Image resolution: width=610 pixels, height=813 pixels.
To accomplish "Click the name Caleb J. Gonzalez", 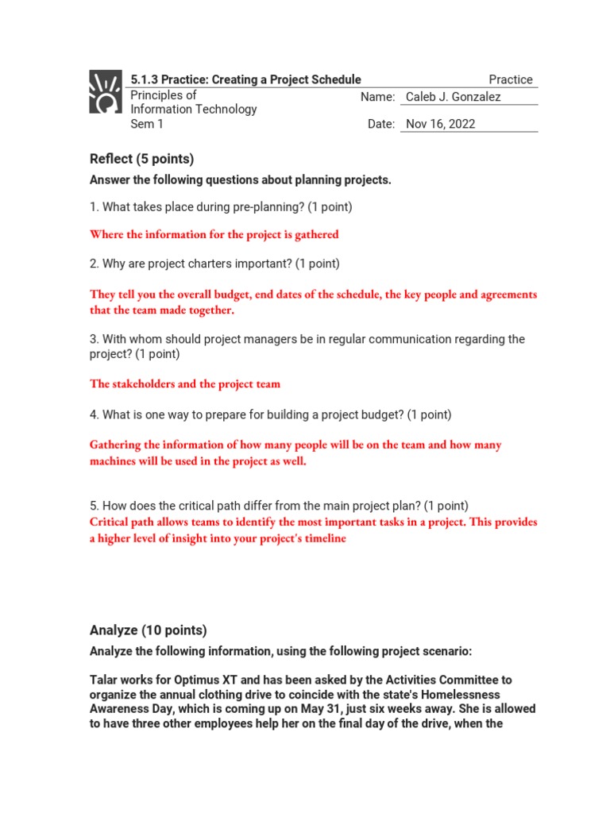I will pyautogui.click(x=453, y=97).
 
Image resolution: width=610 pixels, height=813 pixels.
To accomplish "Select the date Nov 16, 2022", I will pyautogui.click(x=441, y=124).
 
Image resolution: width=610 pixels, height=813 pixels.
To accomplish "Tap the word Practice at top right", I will pyautogui.click(x=511, y=79).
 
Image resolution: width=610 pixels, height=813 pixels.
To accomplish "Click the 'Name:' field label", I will pyautogui.click(x=377, y=97).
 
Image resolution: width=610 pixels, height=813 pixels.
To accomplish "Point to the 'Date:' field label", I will pyautogui.click(x=380, y=124).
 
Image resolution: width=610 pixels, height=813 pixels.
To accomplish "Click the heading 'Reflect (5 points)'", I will pyautogui.click(x=141, y=159).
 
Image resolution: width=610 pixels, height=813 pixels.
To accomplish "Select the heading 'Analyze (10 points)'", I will pyautogui.click(x=149, y=630).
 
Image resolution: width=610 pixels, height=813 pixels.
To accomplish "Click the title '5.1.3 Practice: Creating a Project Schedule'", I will pyautogui.click(x=245, y=79).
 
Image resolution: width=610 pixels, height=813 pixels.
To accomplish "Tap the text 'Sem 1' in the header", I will pyautogui.click(x=147, y=124).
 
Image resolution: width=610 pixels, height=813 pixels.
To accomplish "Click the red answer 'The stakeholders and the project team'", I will pyautogui.click(x=185, y=384).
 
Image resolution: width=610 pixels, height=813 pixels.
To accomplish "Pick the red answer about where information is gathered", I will pyautogui.click(x=214, y=234).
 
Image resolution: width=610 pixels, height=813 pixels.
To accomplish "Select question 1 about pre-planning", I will pyautogui.click(x=221, y=206).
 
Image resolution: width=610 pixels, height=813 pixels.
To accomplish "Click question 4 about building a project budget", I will pyautogui.click(x=270, y=414).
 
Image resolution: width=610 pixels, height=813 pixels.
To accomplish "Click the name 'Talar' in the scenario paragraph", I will pyautogui.click(x=106, y=680).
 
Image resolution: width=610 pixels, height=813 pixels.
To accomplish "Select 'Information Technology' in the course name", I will pyautogui.click(x=193, y=110).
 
